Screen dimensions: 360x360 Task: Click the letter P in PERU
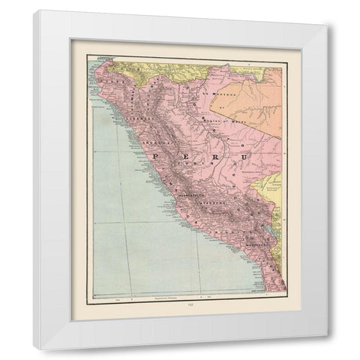(156, 156)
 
